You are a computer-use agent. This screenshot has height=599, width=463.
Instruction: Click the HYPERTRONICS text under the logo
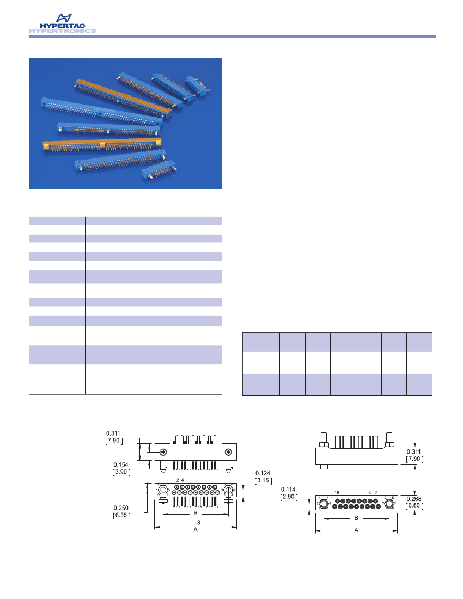pyautogui.click(x=62, y=31)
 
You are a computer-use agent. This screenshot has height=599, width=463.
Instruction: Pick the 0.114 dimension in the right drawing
pyautogui.click(x=288, y=490)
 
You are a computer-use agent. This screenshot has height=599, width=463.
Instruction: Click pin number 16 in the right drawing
pyautogui.click(x=337, y=492)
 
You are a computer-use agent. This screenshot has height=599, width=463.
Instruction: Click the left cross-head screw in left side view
pyautogui.click(x=163, y=452)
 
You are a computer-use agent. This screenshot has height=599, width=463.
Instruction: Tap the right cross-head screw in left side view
pyautogui.click(x=228, y=452)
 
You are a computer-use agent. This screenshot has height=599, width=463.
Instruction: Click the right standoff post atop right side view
pyautogui.click(x=389, y=439)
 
